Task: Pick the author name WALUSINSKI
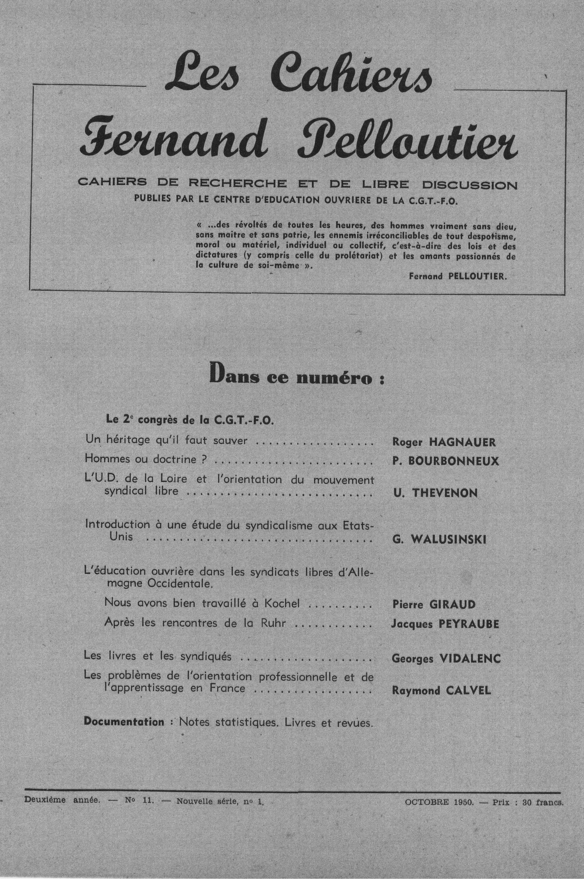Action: pyautogui.click(x=449, y=540)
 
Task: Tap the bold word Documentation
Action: pyautogui.click(x=124, y=722)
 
